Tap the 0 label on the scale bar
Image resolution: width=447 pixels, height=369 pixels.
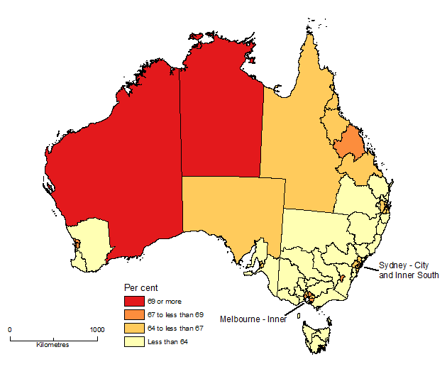click(10, 330)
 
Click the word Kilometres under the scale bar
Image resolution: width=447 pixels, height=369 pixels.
click(53, 345)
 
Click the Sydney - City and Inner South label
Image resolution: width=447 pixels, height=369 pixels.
click(409, 270)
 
